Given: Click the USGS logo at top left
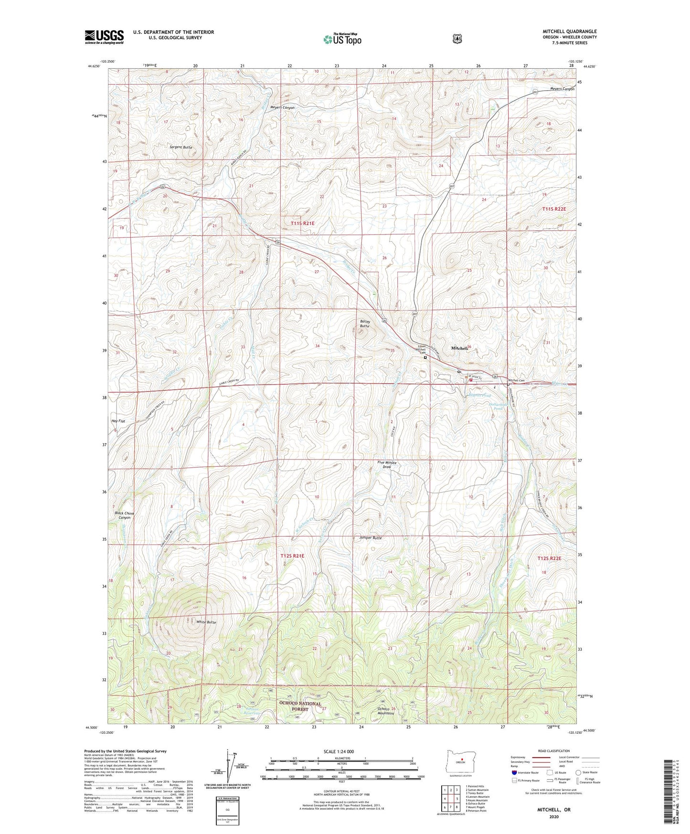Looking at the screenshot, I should coord(104,37).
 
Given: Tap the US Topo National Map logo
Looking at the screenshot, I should coord(342,39).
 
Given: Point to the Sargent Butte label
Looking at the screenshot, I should coord(180,147).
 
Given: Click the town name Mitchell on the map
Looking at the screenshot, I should coord(461,349).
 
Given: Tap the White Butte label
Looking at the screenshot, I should coord(206,622).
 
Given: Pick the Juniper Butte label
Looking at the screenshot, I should coord(370,538).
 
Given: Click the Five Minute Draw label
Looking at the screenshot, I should coord(387,465).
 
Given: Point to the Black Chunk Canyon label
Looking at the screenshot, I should coord(125,515).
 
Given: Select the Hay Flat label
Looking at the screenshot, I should coord(118,421).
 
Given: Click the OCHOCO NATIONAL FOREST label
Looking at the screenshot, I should coord(300,706).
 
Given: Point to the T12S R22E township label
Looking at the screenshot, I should coord(549,558).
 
